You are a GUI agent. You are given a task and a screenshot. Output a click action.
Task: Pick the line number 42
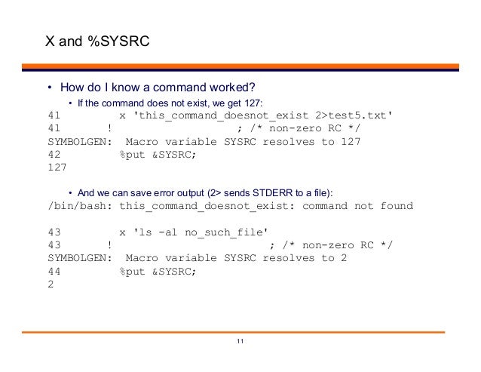pos(54,155)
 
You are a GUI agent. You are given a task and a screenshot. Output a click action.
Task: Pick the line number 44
pos(54,271)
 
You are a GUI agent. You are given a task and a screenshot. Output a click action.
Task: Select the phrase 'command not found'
pos(357,206)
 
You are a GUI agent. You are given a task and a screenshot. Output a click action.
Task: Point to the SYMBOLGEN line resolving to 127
pos(204,142)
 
